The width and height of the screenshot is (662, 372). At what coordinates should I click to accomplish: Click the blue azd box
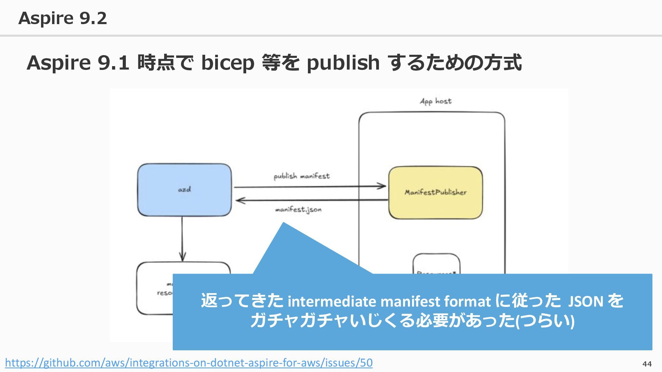(x=184, y=190)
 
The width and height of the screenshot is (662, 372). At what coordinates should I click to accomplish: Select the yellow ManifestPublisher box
(x=435, y=193)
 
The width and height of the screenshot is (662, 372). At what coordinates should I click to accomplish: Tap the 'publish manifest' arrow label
(x=302, y=176)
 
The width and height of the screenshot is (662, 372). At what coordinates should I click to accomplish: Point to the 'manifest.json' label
(x=298, y=209)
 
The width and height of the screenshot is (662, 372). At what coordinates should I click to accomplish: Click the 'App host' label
(x=435, y=101)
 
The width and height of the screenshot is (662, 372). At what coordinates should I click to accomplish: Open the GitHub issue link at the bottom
(x=189, y=363)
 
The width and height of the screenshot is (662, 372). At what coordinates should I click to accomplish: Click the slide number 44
(x=647, y=364)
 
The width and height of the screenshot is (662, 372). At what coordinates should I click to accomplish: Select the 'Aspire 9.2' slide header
(x=62, y=18)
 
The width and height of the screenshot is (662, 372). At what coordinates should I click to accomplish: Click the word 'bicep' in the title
(x=228, y=63)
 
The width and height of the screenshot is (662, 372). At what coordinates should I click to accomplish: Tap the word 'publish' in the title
(x=343, y=63)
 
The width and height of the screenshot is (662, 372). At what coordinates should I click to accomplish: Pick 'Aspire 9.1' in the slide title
(x=78, y=63)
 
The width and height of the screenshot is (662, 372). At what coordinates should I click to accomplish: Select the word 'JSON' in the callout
(x=585, y=302)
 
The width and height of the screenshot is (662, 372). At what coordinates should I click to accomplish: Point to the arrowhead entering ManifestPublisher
(x=382, y=186)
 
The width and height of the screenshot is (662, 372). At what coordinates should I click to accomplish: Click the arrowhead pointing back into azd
(x=240, y=200)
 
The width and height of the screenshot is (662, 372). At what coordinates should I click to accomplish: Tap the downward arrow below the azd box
(x=182, y=241)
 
